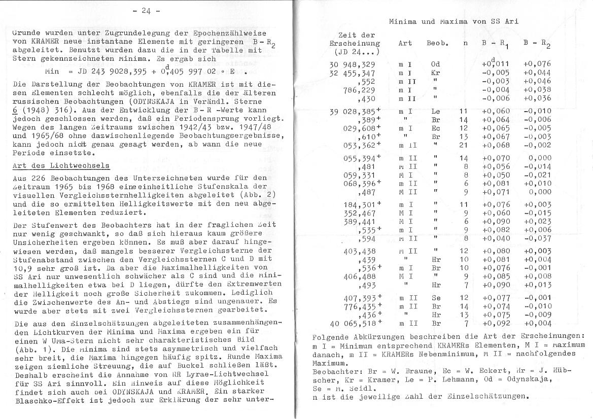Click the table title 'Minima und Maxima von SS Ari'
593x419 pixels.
(x=454, y=21)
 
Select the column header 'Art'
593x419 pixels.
(x=405, y=44)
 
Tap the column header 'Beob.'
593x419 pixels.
(x=437, y=44)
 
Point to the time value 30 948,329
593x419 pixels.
(x=353, y=64)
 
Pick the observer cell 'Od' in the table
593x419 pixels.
(x=435, y=64)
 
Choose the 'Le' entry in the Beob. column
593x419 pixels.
(x=435, y=111)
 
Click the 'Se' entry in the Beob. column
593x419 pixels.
(x=435, y=299)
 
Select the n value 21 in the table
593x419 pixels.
(x=463, y=145)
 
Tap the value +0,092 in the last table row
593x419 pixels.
(x=496, y=323)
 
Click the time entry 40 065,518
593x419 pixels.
(x=353, y=323)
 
